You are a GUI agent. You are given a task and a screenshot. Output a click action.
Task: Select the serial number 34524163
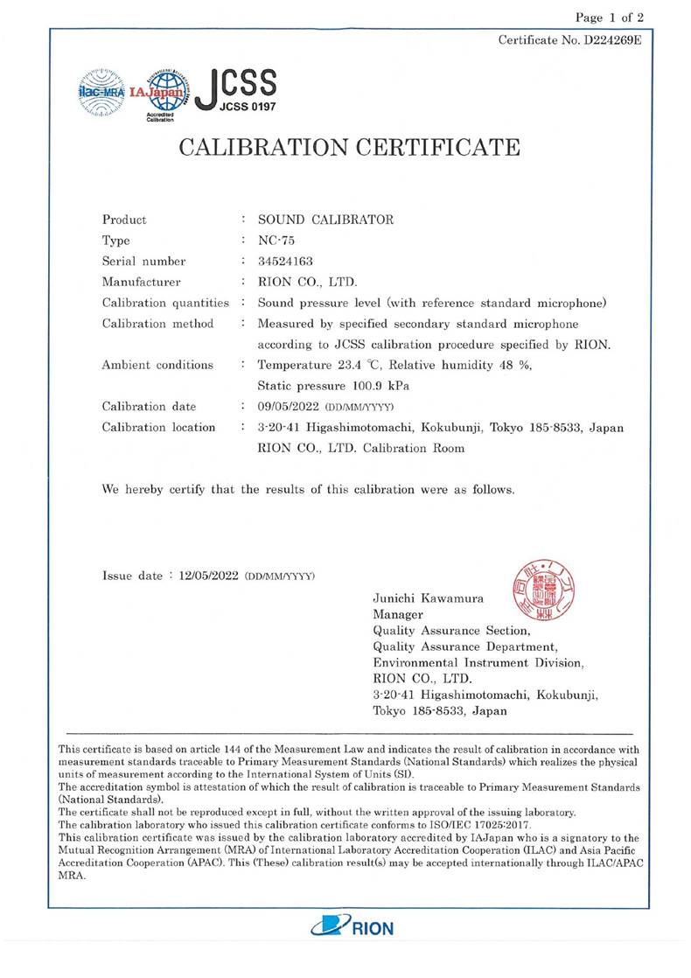[x=286, y=261]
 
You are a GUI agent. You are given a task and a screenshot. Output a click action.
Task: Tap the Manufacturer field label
[x=141, y=282]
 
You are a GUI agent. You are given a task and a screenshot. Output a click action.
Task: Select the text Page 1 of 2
[x=610, y=17]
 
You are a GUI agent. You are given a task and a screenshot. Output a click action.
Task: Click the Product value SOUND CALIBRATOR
[x=325, y=220]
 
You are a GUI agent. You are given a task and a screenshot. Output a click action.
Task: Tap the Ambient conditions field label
[x=157, y=365]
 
